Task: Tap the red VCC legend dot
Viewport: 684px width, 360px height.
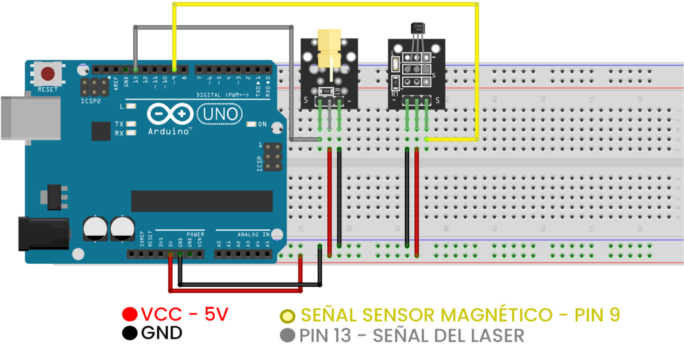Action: [130, 315]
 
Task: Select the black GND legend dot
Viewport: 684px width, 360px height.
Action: [130, 333]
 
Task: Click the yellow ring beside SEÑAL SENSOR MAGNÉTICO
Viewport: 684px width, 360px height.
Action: [288, 315]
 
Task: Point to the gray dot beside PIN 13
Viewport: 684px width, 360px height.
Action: [288, 335]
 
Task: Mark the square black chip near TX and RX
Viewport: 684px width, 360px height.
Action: [101, 131]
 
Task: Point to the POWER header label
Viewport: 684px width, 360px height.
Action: [195, 234]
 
